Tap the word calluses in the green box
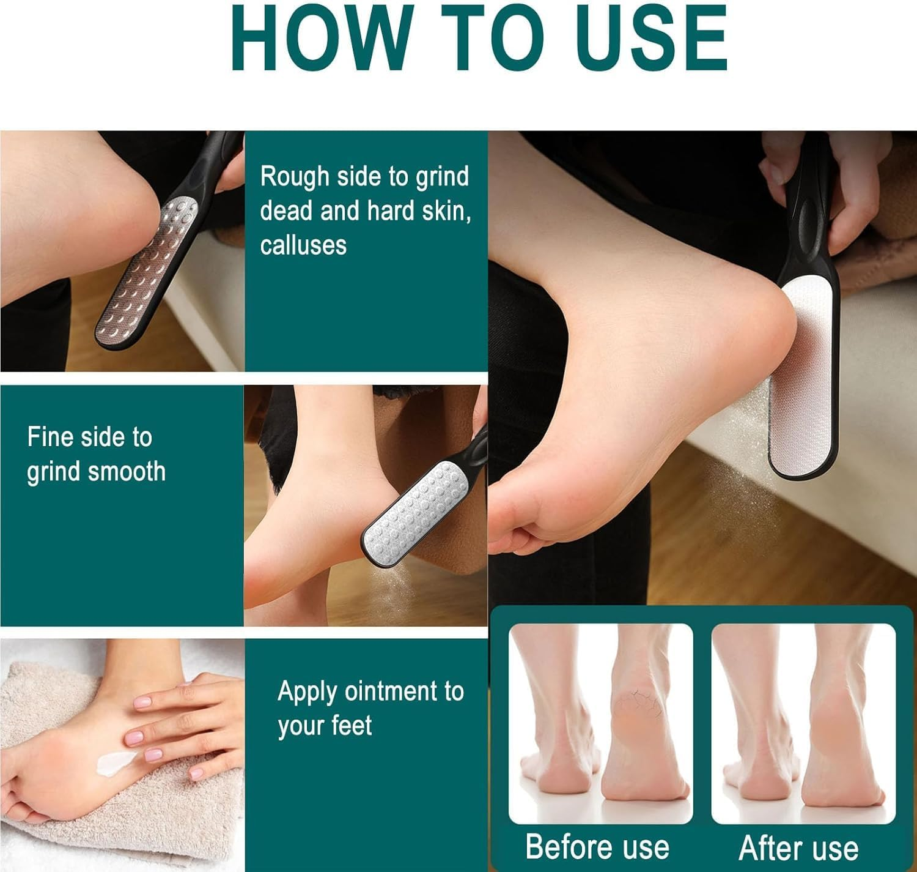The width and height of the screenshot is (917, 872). (x=303, y=245)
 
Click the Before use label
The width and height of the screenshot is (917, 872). (x=597, y=846)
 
